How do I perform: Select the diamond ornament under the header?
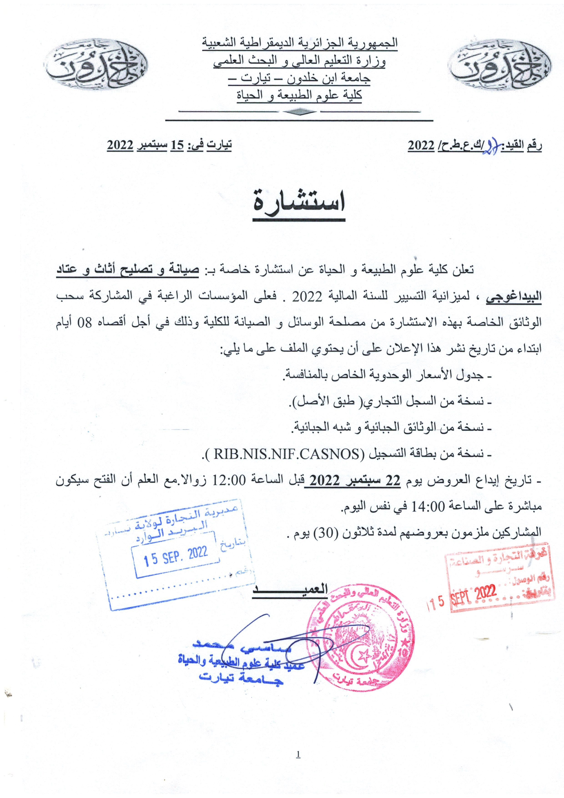(x=299, y=112)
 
